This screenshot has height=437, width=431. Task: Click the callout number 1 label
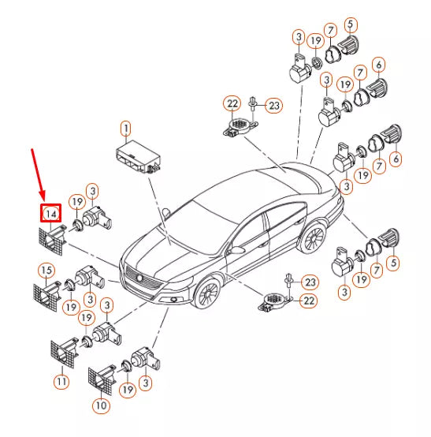click(124, 126)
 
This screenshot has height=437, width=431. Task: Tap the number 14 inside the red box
click(50, 213)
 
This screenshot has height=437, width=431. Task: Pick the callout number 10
click(101, 405)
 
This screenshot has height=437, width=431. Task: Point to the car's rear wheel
click(314, 237)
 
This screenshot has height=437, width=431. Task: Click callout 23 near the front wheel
click(310, 282)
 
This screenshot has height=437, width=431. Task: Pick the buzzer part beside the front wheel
click(274, 300)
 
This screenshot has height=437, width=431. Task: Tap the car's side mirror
click(234, 249)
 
